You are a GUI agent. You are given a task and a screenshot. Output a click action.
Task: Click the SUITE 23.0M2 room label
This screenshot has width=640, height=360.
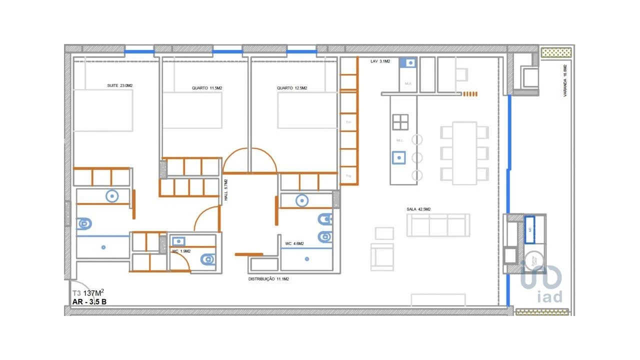click(119, 85)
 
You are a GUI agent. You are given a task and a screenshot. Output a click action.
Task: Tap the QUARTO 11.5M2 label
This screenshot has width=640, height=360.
click(206, 88)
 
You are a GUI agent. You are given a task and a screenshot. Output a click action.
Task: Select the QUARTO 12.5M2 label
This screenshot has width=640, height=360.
click(292, 88)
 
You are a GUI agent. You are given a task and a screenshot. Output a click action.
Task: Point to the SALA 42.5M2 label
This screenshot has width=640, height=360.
click(418, 209)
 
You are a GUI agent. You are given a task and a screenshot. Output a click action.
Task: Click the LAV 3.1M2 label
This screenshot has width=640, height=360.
click(380, 61)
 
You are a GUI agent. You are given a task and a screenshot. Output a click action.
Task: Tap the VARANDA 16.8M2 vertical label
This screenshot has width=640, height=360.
click(565, 80)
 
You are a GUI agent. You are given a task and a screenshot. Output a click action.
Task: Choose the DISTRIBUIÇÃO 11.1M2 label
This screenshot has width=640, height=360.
click(268, 279)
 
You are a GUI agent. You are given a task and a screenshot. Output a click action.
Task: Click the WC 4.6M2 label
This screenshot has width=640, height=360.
click(295, 243)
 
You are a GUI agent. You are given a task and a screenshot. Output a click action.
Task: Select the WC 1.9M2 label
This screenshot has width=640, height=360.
click(181, 251)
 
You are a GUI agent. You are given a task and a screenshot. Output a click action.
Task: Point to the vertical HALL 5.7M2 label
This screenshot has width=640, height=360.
click(226, 190)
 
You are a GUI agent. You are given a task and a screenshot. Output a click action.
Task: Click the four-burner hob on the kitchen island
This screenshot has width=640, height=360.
click(400, 122)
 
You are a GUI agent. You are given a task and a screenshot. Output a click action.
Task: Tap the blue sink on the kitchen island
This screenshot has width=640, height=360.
click(399, 157)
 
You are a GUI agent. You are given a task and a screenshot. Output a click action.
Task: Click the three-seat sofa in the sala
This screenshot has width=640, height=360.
click(438, 225)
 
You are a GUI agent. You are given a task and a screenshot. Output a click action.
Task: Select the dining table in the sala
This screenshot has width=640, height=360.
click(464, 152)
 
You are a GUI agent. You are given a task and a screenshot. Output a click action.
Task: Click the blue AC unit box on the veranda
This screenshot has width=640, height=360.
click(529, 229)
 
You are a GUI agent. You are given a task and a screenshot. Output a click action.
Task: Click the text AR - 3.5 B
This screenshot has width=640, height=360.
click(89, 301)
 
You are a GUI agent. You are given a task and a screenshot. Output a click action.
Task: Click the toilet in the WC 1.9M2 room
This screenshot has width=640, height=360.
click(207, 259)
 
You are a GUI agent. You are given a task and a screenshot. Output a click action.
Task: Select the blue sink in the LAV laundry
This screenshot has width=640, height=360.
click(410, 63)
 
